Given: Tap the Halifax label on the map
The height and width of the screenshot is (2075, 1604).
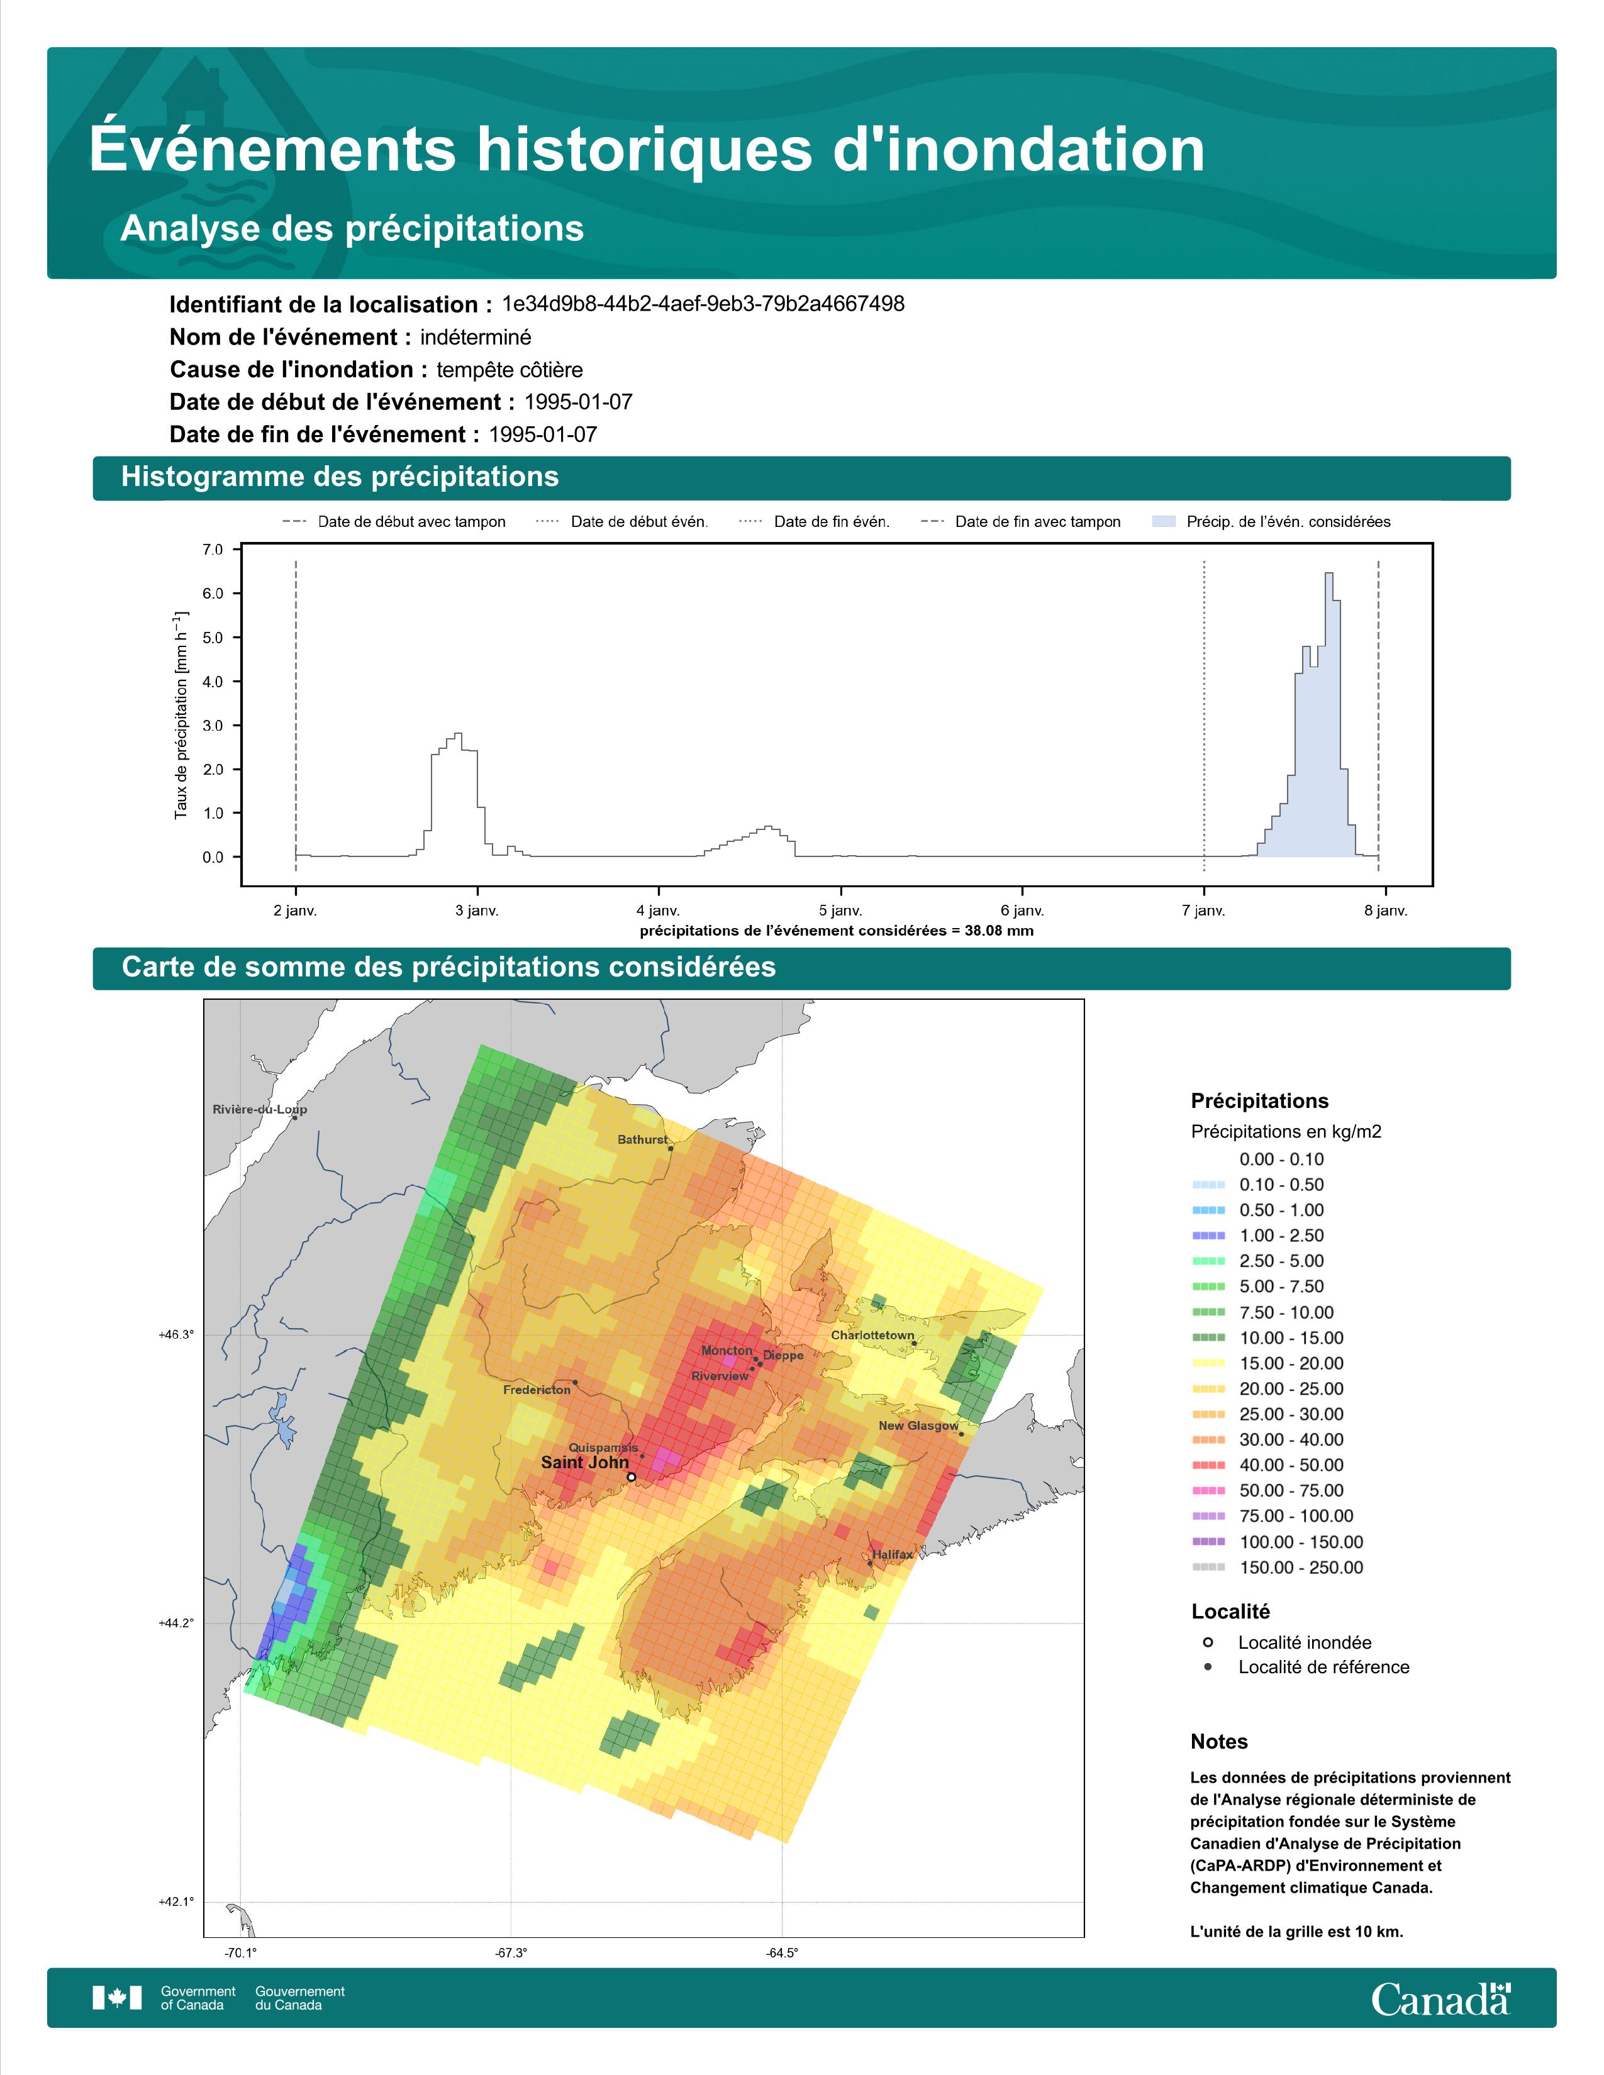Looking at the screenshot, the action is point(893,1554).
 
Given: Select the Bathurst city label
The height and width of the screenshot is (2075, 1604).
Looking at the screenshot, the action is point(642,1139).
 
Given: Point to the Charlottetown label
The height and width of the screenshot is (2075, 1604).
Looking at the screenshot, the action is point(872,1335).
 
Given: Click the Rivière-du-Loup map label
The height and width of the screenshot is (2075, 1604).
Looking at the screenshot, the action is point(259,1109).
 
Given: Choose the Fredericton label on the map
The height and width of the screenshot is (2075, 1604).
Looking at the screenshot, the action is point(537,1389).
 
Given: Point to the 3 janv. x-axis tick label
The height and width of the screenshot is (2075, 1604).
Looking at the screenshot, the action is point(477,910).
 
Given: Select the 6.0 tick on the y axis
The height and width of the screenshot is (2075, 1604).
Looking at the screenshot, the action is point(213,594).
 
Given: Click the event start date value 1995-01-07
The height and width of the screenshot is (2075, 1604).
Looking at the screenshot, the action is point(579,402).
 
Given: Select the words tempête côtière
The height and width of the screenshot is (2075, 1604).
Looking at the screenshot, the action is point(510,370).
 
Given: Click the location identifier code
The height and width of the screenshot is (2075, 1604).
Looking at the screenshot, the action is point(703,304).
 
